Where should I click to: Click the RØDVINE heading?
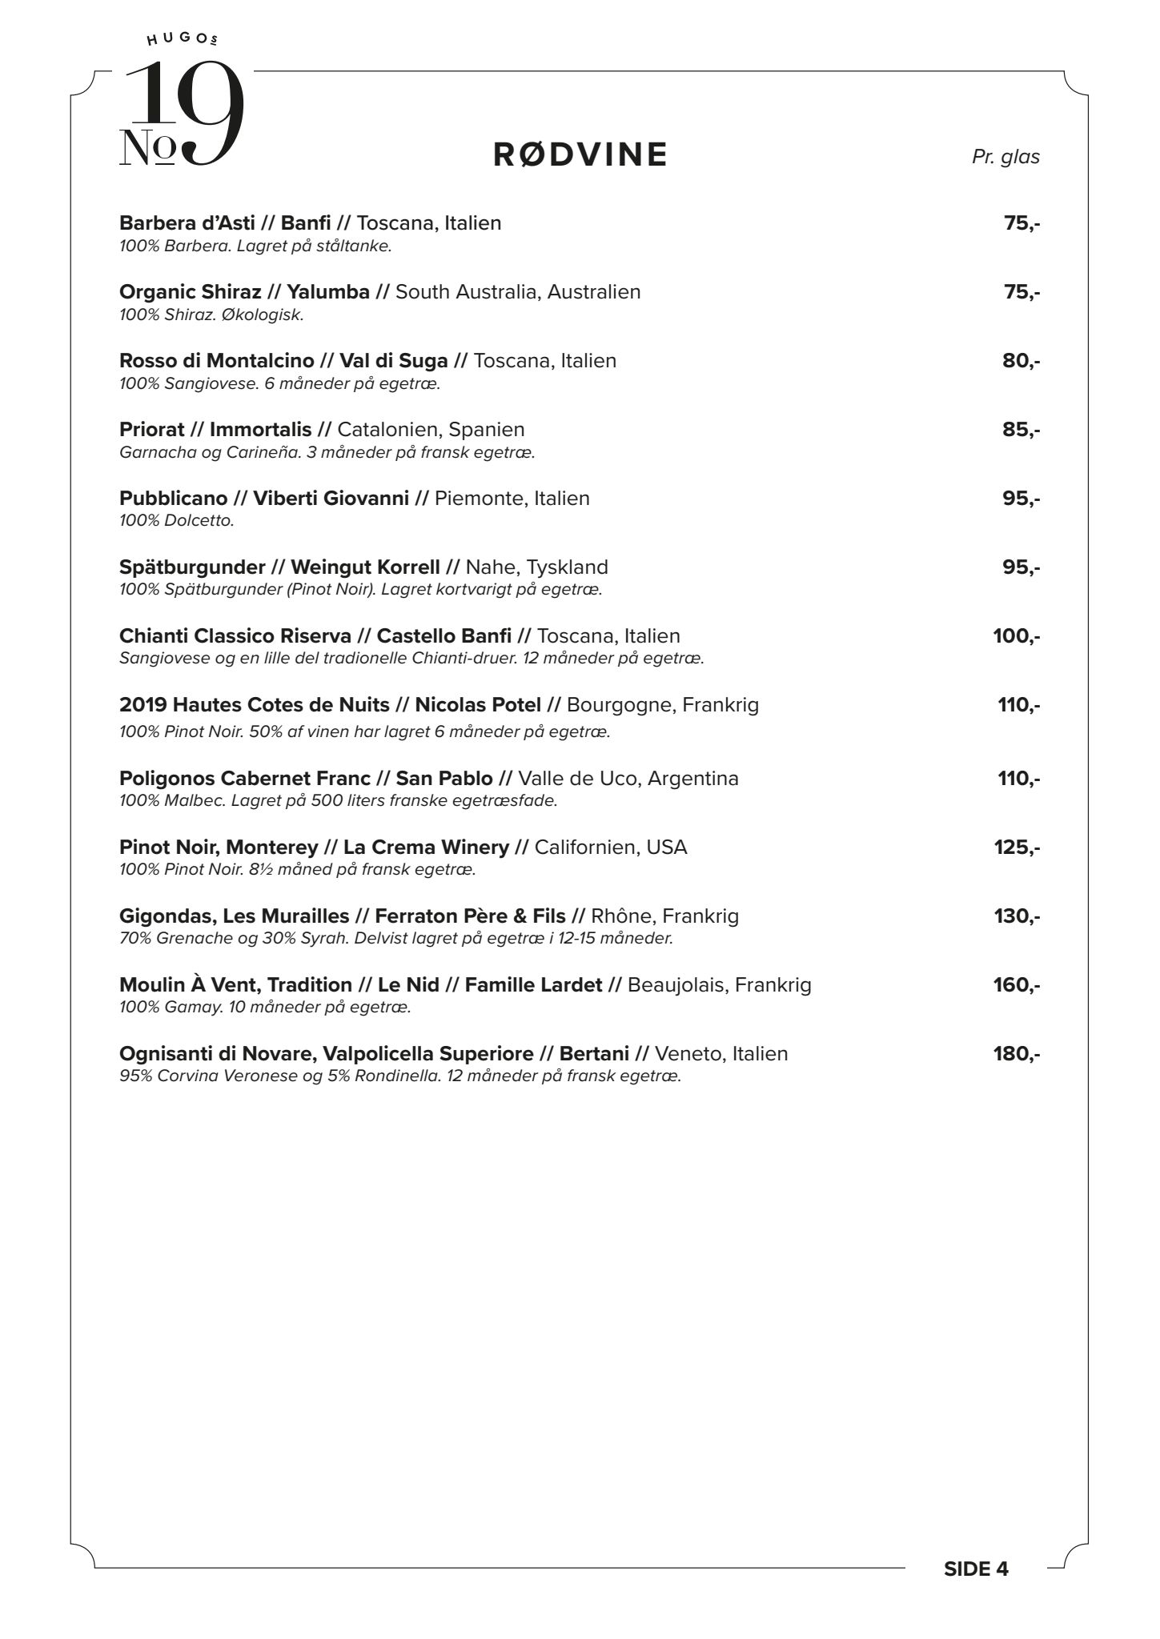point(580,154)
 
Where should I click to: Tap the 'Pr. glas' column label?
point(1005,157)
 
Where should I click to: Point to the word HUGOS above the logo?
point(183,38)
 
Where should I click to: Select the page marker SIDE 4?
point(976,1569)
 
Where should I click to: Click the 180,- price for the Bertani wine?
point(1017,1054)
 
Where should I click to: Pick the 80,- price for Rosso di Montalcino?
point(1021,361)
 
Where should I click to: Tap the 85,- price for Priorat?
point(1021,430)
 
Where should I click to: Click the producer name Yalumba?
point(328,292)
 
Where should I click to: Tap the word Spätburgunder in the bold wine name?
point(192,567)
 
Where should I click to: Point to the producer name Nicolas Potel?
point(478,705)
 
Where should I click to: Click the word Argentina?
point(692,779)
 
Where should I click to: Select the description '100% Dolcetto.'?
point(177,521)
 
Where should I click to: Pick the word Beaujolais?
point(676,985)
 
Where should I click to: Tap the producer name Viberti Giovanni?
point(331,499)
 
